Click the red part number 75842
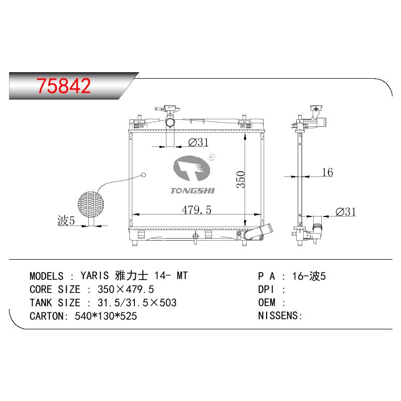[64, 85]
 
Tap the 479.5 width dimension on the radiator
[196, 210]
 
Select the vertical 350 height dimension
[241, 179]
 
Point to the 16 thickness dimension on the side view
[327, 172]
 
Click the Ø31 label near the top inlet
[198, 142]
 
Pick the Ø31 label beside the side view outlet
[345, 212]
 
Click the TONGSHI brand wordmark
[192, 190]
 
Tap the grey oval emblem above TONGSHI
[191, 168]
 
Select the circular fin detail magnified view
[91, 205]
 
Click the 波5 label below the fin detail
[66, 220]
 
